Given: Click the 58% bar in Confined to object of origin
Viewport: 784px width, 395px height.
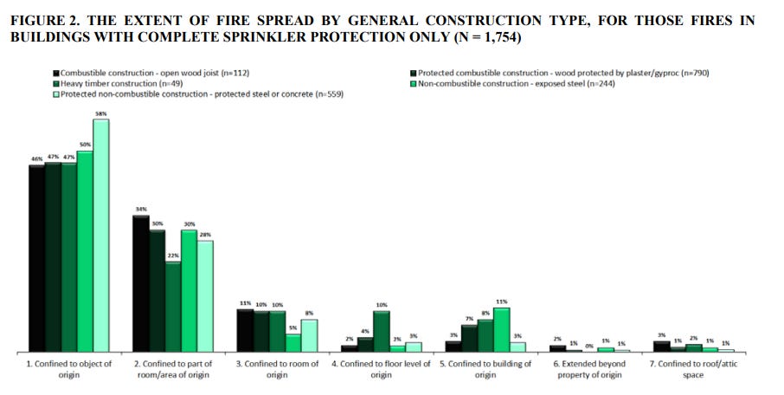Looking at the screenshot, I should pyautogui.click(x=101, y=235).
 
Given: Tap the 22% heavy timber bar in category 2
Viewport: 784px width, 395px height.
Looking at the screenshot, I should pyautogui.click(x=173, y=307).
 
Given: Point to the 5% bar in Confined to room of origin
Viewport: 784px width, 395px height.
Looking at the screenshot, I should pyautogui.click(x=293, y=343).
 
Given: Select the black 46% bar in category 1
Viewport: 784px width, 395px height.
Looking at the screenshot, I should pyautogui.click(x=36, y=258).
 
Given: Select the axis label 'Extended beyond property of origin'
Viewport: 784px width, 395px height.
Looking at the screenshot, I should pyautogui.click(x=589, y=370).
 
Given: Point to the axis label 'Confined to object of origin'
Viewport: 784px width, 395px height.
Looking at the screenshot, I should pyautogui.click(x=69, y=370).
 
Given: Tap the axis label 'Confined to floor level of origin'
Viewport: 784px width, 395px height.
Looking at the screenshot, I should pyautogui.click(x=382, y=370).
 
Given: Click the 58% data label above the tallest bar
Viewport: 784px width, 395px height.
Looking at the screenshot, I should pyautogui.click(x=101, y=113).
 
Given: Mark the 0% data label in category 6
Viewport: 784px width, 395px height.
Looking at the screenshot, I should pyautogui.click(x=589, y=346).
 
